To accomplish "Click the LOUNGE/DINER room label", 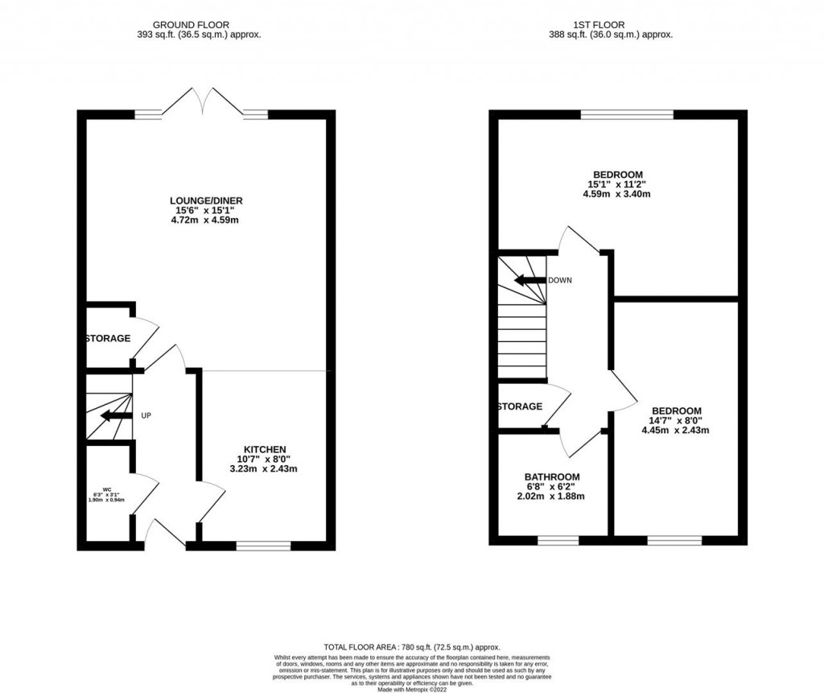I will point(206,200).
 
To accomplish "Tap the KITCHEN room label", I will point(265,449).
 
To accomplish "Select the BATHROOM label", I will point(552,477).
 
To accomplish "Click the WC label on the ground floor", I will point(107,489).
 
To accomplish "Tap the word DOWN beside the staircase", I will point(559,281).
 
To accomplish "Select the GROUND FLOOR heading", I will point(198,25).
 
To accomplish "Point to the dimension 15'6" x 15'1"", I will point(206,211).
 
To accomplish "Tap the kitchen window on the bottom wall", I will point(263,546).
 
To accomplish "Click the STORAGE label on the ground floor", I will point(108,339).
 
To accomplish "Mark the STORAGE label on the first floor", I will point(520,406).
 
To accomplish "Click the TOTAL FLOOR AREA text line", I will point(411,647).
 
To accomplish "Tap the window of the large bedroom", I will point(627,114).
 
